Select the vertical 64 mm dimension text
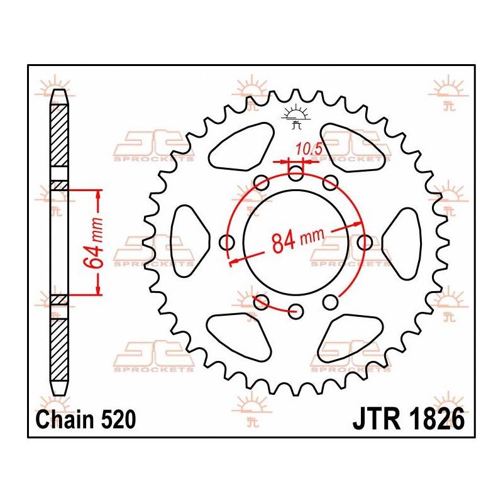[95, 243]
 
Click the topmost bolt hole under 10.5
[296, 174]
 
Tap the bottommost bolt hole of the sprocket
[296, 310]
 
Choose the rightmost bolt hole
[365, 242]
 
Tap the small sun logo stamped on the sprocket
[296, 117]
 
